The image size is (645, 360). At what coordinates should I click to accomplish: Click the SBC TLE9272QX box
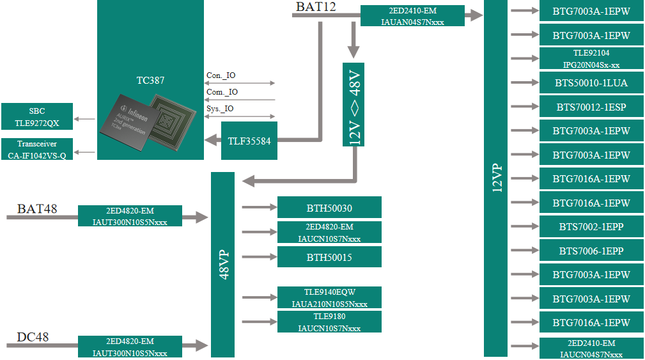point(37,116)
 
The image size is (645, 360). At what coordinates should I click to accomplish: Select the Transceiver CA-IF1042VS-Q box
point(37,150)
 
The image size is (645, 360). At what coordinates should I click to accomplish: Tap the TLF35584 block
point(249,139)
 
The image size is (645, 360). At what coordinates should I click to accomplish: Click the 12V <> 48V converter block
point(354,104)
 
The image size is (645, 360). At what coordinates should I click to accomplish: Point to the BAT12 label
point(316,7)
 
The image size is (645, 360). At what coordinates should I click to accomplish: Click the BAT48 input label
point(37,208)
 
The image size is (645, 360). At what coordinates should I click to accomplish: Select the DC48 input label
point(33,337)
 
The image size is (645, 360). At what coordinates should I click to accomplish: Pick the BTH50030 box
point(329,208)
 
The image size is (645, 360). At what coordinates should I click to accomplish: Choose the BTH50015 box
point(329,257)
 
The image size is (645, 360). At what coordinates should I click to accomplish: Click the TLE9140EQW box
point(329,297)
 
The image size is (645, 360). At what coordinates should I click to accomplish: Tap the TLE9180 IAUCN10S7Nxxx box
point(329,322)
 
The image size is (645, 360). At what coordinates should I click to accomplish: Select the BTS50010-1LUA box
point(591,83)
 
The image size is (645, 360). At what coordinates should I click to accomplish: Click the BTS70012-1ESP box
point(591,107)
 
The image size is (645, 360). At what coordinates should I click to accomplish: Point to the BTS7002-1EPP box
point(591,227)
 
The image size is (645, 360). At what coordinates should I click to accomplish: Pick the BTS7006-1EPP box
point(591,251)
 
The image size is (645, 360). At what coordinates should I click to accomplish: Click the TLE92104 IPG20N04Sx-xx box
point(591,59)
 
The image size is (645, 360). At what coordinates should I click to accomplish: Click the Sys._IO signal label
point(220,109)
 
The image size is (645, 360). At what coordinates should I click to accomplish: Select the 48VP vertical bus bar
point(222,265)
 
